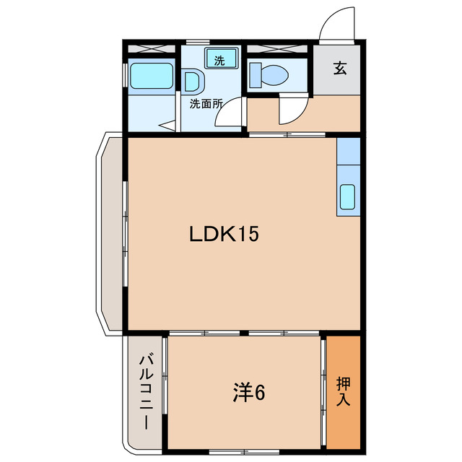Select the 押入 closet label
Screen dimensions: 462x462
point(344,391)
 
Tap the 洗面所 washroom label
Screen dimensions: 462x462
point(206,103)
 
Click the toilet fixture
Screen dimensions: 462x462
point(268,74)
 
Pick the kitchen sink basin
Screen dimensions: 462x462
point(347,196)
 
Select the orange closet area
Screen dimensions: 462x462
point(343,390)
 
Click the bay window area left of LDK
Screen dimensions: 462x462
point(112,235)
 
